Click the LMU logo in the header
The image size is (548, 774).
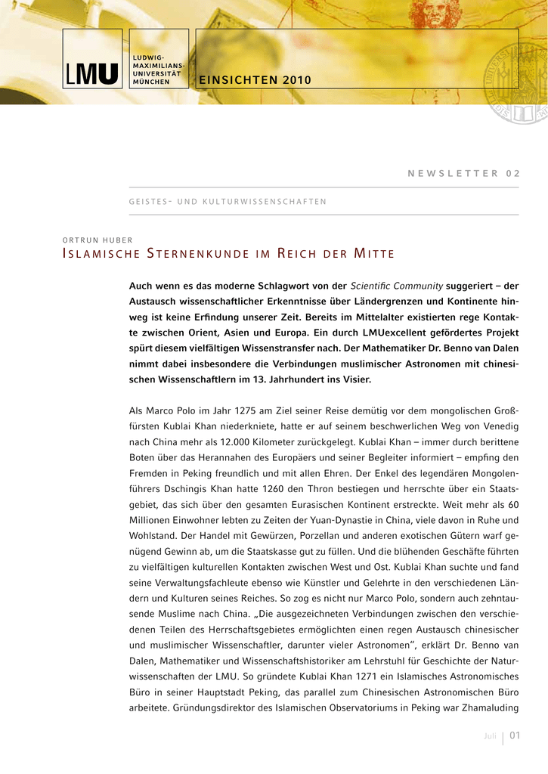pyautogui.click(x=91, y=73)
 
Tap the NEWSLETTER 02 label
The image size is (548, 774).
pyautogui.click(x=463, y=173)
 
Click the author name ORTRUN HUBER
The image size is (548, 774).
pyautogui.click(x=97, y=240)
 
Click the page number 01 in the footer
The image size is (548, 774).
pyautogui.click(x=515, y=736)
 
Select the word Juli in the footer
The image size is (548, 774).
pyautogui.click(x=491, y=737)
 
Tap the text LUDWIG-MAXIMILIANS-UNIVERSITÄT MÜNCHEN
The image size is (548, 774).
pyautogui.click(x=158, y=70)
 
